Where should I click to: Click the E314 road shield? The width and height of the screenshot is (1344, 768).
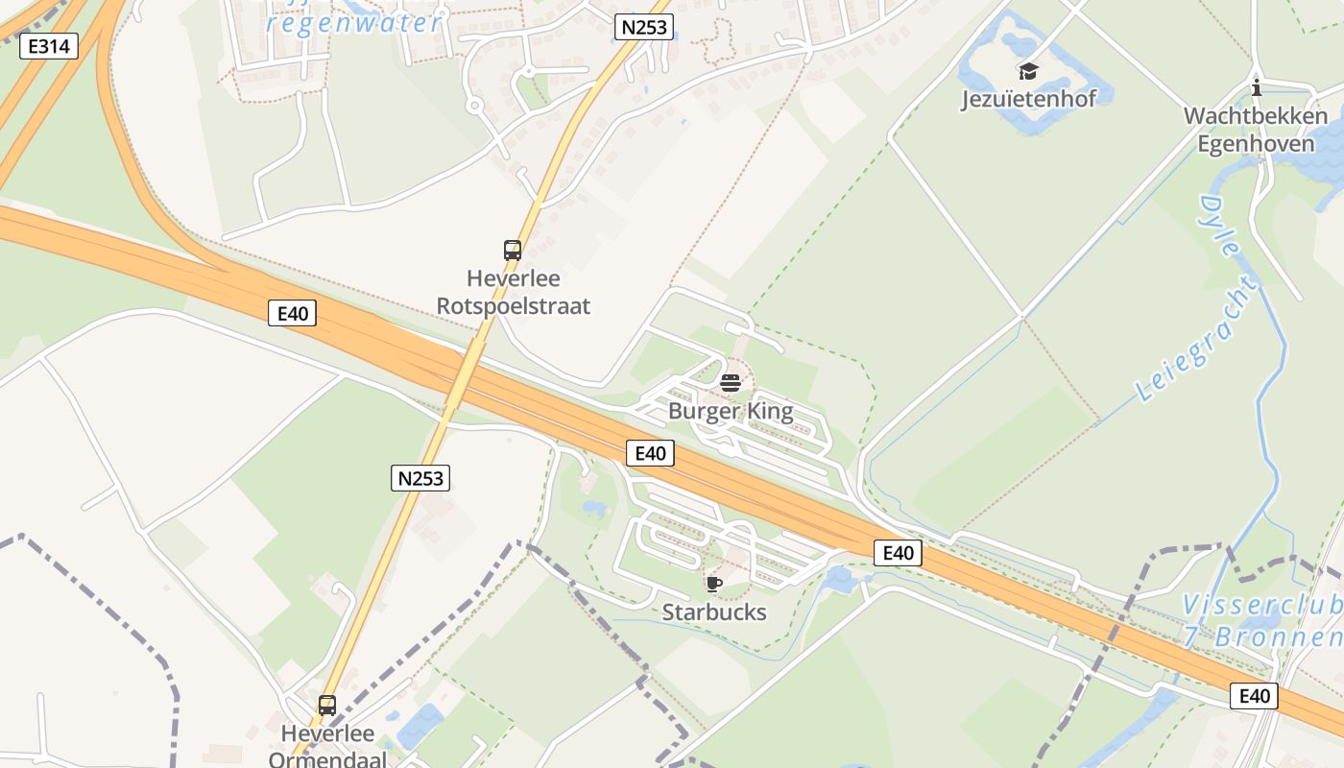[x=48, y=45]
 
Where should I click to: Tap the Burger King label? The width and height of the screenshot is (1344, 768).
[x=731, y=412]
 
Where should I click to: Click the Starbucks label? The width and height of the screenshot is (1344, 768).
[x=714, y=612]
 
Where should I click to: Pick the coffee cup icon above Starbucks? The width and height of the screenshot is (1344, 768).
[x=713, y=584]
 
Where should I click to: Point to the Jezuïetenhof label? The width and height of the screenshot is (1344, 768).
[x=1028, y=99]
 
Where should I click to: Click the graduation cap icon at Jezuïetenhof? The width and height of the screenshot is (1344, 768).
[x=1028, y=71]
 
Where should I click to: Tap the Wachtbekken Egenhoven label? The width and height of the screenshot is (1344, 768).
[x=1256, y=130]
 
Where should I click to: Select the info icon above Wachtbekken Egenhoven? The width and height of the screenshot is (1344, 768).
[x=1257, y=89]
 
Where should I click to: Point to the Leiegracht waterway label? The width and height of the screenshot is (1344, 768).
[x=1198, y=339]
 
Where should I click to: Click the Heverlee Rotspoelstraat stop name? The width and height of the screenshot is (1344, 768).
[x=514, y=292]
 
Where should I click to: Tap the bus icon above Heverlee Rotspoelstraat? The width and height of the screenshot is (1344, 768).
[x=513, y=251]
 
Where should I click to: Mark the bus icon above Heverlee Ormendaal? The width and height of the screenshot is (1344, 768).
[x=327, y=706]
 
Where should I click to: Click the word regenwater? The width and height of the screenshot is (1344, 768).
[x=356, y=22]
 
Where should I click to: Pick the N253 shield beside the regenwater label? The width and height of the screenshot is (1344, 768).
[x=643, y=27]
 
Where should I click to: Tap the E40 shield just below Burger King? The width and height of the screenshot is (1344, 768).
[x=650, y=453]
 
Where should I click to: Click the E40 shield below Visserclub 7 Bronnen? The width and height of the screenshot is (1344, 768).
[x=1254, y=696]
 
